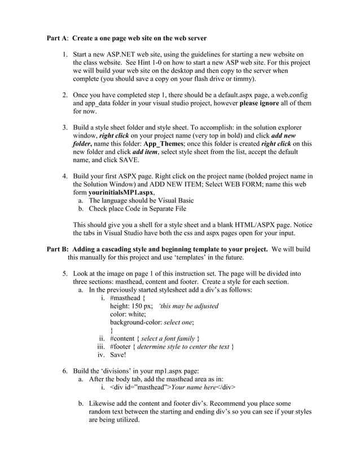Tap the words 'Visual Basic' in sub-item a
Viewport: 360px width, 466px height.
[x=174, y=200]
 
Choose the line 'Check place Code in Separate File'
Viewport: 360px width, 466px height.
[x=138, y=209]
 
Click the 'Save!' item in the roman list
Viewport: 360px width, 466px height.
[x=118, y=355]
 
